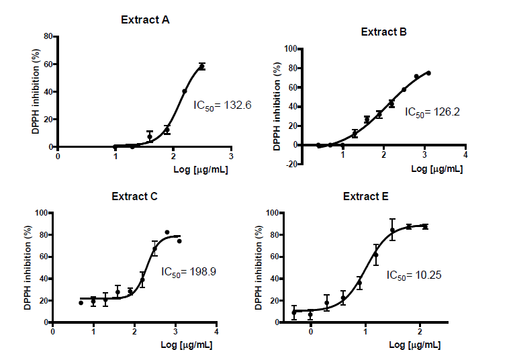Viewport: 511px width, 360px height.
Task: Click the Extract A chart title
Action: tap(145, 19)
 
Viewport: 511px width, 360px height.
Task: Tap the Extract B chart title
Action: tap(383, 32)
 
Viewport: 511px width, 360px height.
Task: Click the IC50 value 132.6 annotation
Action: tap(213, 105)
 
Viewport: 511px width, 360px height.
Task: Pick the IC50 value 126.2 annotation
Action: tap(432, 112)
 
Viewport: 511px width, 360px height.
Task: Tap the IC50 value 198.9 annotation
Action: tap(189, 273)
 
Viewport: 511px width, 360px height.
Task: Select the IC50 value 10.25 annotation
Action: tap(414, 275)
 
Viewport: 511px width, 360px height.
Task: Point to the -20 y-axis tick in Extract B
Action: tap(289, 164)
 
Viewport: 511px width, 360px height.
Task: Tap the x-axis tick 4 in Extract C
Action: tap(216, 332)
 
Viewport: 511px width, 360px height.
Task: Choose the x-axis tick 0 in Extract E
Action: tap(311, 332)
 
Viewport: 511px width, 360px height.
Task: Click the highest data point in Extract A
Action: tap(201, 66)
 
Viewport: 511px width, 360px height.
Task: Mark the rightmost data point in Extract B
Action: tap(428, 73)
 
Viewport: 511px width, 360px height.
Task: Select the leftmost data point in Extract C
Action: tap(81, 303)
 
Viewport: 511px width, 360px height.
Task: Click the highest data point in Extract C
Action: tap(167, 232)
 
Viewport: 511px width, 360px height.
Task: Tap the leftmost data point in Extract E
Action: tap(294, 312)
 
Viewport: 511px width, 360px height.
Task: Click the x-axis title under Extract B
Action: tap(427, 169)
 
